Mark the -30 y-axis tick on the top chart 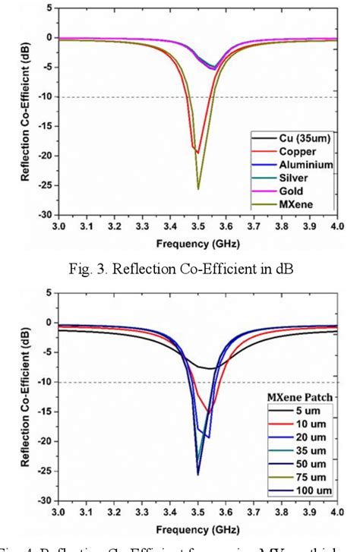(x=47, y=216)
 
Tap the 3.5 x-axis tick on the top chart (x=198, y=226)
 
